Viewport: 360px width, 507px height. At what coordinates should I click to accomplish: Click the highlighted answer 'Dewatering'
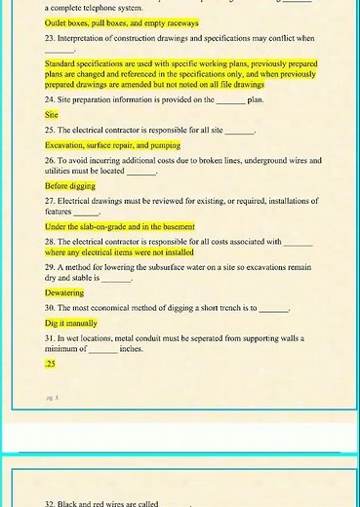64,292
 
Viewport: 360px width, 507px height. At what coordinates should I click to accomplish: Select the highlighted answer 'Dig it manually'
71,323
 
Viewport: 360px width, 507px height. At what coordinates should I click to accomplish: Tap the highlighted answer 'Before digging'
70,185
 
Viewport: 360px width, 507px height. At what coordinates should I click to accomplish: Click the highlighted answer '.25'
50,363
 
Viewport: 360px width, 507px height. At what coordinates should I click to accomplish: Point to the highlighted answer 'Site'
52,114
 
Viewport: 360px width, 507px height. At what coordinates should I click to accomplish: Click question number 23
50,38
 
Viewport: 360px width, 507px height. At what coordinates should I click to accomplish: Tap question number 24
50,99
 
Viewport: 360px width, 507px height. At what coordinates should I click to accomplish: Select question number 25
50,130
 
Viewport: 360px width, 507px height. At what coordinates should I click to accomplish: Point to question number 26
50,160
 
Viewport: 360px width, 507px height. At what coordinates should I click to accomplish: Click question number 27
50,201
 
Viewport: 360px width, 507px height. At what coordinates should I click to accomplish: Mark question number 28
50,241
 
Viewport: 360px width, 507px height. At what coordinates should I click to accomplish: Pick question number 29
50,266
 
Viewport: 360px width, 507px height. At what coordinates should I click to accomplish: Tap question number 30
50,307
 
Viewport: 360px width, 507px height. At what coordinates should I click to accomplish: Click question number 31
50,337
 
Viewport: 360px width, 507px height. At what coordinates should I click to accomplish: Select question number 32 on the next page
50,504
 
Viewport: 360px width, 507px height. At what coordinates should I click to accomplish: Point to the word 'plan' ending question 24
256,99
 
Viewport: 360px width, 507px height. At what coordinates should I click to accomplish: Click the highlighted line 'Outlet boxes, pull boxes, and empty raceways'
121,22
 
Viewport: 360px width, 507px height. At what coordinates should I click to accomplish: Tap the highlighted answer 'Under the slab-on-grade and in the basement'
119,226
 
